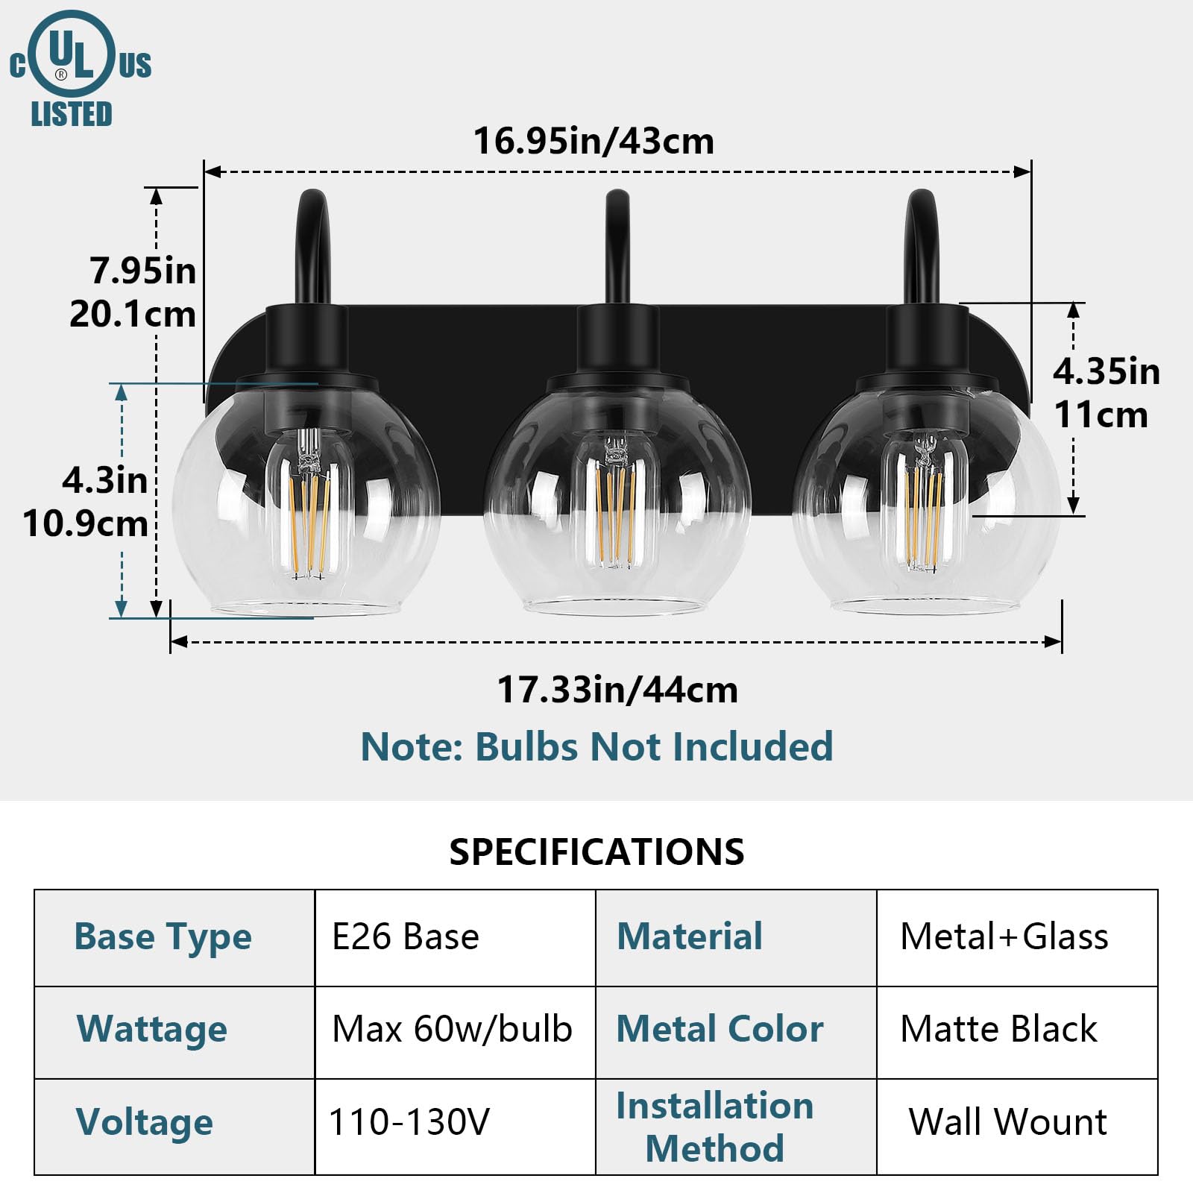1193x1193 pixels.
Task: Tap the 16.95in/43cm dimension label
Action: click(594, 141)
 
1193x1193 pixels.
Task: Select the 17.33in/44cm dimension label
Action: click(617, 690)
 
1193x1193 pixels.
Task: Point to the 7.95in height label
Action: click(142, 270)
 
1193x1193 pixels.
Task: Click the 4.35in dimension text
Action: click(1106, 371)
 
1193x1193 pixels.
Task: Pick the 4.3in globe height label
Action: click(104, 480)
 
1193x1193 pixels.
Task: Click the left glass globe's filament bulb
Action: click(309, 507)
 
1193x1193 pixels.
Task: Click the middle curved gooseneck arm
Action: click(616, 246)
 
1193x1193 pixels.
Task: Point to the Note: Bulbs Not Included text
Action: click(596, 746)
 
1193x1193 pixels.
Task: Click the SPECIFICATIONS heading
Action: click(596, 852)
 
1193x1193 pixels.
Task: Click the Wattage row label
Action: click(152, 1030)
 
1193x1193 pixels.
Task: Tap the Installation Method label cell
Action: click(714, 1127)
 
